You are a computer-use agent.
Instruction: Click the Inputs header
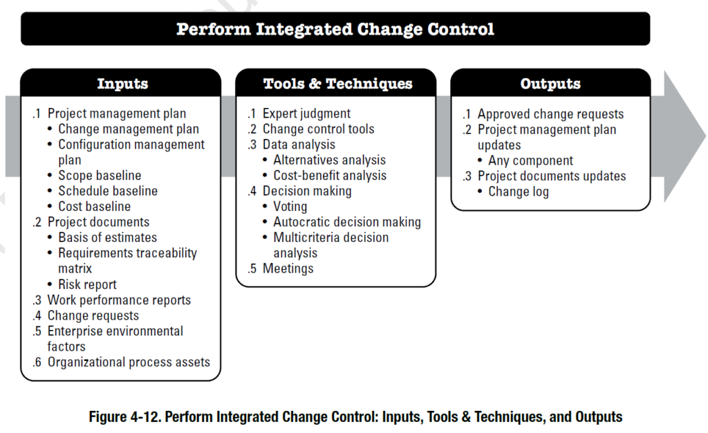pos(122,84)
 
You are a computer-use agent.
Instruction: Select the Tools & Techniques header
pos(337,84)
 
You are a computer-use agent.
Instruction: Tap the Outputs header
pos(550,84)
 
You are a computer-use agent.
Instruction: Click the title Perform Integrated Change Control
pos(335,29)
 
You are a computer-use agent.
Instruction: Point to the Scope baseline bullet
pos(100,176)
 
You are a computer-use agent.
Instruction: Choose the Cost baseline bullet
pos(94,207)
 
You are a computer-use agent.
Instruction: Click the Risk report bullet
pos(87,284)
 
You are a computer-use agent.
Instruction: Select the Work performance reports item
pos(119,300)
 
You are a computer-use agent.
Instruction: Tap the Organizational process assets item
pos(129,362)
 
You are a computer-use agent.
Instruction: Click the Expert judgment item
pos(306,114)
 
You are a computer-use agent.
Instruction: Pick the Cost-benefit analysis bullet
pos(330,176)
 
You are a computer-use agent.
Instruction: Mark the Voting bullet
pos(290,207)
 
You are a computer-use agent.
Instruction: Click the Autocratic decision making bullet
pos(347,222)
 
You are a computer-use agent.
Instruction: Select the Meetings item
pos(288,268)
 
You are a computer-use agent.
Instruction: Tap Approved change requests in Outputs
pos(550,114)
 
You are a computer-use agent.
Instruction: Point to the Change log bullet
pos(519,192)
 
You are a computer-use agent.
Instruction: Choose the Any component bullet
pos(530,160)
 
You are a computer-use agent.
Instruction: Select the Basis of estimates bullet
pos(107,238)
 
